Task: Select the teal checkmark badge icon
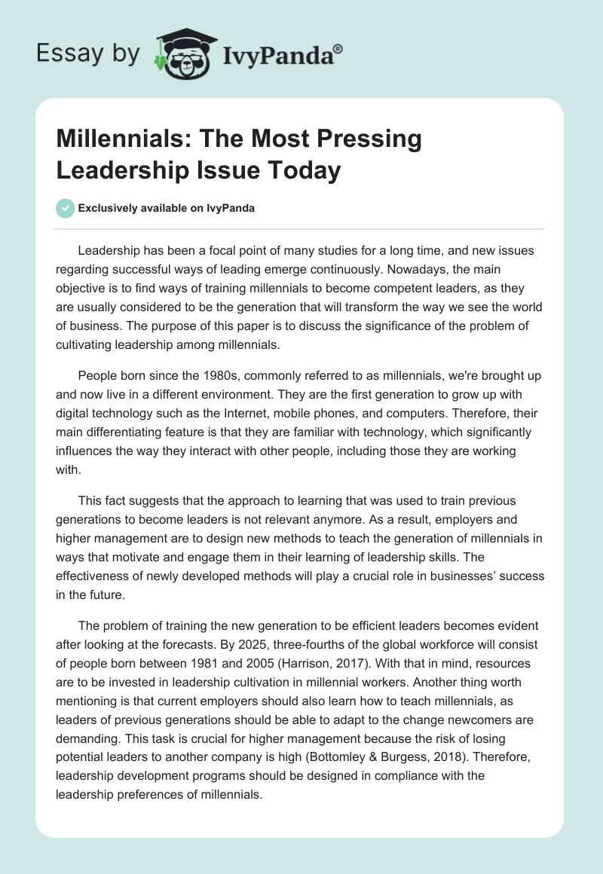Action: click(x=66, y=208)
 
